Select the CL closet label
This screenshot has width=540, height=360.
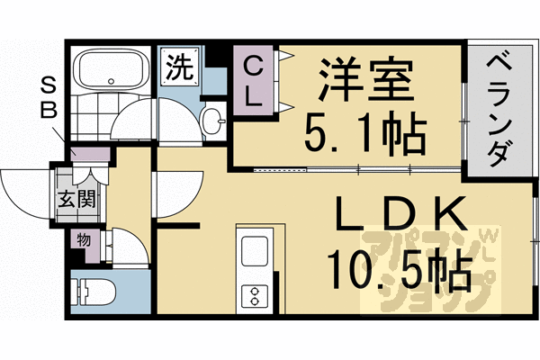pyautogui.click(x=255, y=81)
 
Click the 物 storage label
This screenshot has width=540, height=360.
pyautogui.click(x=83, y=240)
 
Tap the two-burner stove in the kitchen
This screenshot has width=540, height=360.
pyautogui.click(x=254, y=294)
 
